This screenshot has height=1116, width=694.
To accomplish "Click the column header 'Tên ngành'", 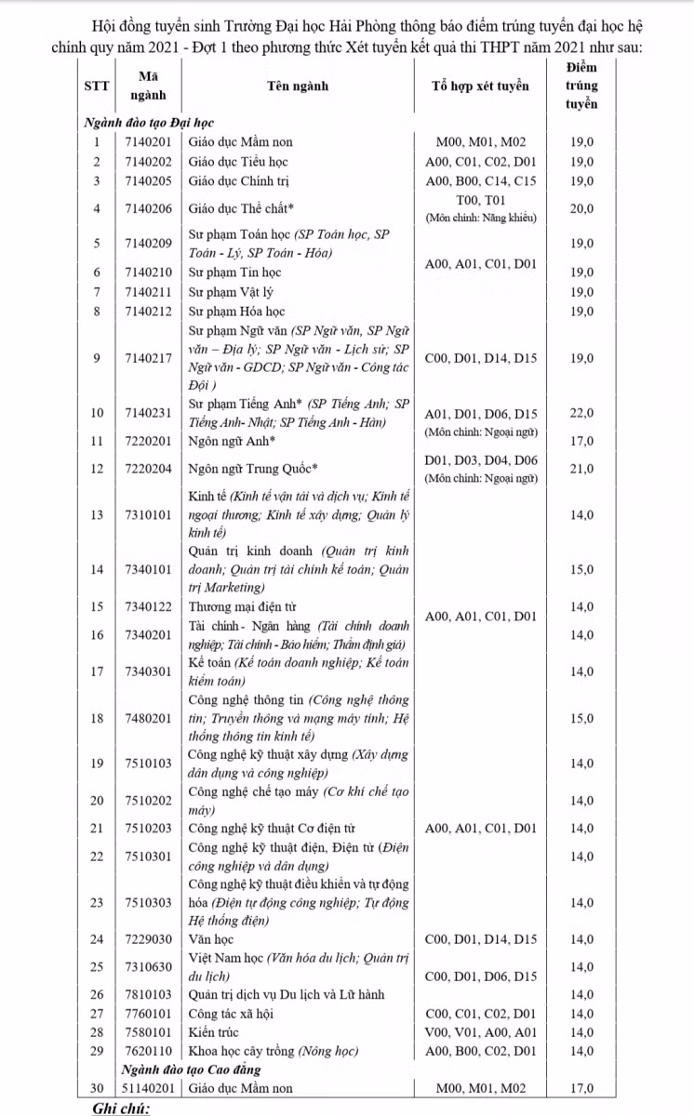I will (297, 86).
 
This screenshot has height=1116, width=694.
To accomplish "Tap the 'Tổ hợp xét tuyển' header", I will (481, 86).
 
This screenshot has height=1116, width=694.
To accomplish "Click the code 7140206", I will (149, 208).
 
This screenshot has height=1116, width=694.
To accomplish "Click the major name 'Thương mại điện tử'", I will (243, 607).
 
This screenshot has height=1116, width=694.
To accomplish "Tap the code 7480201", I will (149, 718).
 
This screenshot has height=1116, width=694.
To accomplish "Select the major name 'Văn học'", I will (210, 939).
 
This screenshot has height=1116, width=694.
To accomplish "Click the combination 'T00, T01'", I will (481, 200).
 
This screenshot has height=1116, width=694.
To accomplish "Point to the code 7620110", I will (149, 1051).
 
